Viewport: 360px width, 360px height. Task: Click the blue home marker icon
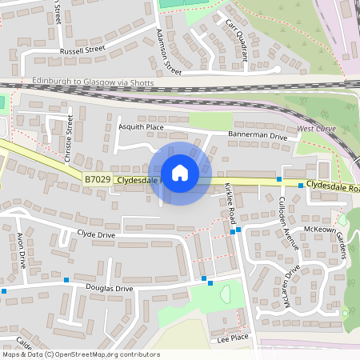click(180, 172)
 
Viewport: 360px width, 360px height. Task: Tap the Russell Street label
click(82, 50)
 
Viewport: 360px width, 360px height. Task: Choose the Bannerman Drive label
click(257, 136)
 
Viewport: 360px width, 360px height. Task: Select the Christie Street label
click(70, 133)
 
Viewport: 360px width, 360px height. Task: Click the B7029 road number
click(96, 181)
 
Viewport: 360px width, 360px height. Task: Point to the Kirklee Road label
click(230, 201)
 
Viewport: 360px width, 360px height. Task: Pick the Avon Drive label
click(22, 249)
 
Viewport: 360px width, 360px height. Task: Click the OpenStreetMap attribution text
click(81, 354)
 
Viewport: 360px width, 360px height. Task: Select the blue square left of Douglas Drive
click(5, 291)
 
